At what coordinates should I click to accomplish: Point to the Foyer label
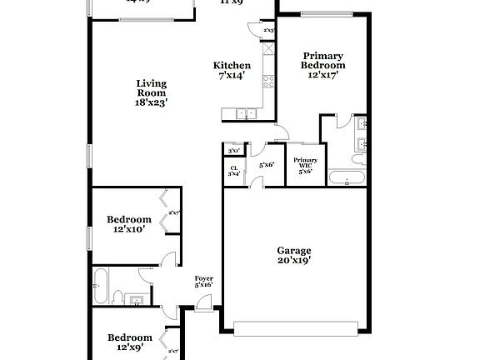(203, 278)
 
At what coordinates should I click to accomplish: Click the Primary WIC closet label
(304, 163)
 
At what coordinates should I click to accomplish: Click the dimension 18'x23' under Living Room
(151, 103)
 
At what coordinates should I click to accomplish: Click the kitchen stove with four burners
(268, 81)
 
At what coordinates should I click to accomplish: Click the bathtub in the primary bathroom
(345, 177)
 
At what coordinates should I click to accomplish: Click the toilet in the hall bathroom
(119, 296)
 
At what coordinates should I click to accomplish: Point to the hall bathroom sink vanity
(139, 298)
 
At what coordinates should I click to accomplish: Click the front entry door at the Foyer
(203, 309)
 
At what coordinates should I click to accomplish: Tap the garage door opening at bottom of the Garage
(294, 327)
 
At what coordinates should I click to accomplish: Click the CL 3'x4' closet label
(233, 171)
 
